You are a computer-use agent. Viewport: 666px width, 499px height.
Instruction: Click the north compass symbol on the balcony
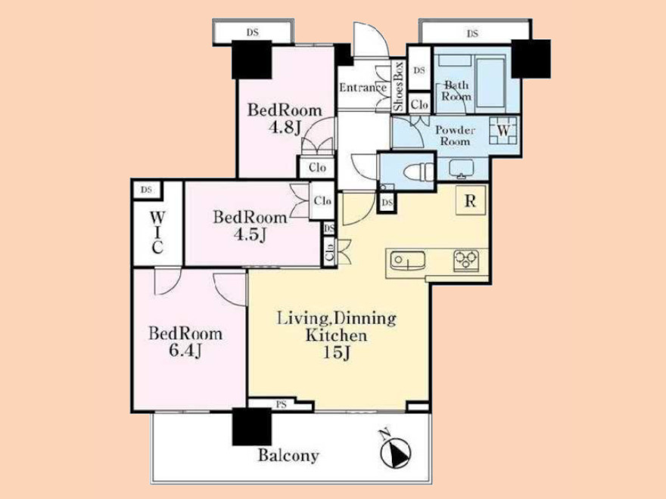coord(396,451)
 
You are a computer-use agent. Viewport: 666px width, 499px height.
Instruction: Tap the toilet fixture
coord(419,172)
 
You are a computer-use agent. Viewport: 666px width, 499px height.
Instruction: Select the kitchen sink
coord(407,260)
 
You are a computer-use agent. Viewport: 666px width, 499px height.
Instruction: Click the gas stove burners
coord(466,260)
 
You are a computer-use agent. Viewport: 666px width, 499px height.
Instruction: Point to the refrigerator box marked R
coord(471,200)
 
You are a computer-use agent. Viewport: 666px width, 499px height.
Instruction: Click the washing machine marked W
coord(503,131)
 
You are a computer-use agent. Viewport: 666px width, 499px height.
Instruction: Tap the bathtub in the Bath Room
coord(490,83)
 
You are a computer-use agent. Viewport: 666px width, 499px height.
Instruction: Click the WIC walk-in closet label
coord(157,233)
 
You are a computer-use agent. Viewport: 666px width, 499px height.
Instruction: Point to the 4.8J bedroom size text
coord(285,127)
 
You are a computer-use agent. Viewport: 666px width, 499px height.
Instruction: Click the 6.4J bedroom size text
coord(185,351)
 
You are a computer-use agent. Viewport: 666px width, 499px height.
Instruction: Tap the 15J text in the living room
coord(336,352)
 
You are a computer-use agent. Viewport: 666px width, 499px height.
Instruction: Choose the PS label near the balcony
coord(282,404)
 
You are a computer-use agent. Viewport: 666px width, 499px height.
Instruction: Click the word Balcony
coord(288,456)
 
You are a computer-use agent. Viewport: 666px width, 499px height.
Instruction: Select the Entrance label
coord(363,88)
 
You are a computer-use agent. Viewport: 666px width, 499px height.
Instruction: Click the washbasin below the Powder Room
coord(461,168)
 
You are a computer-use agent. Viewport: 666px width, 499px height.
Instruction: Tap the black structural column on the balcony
coord(252,427)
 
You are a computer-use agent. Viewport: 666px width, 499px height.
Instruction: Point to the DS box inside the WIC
coord(146,190)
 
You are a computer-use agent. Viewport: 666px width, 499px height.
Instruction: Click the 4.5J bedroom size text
coord(250,234)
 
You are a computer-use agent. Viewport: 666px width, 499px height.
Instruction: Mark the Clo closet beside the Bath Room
coord(419,104)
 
